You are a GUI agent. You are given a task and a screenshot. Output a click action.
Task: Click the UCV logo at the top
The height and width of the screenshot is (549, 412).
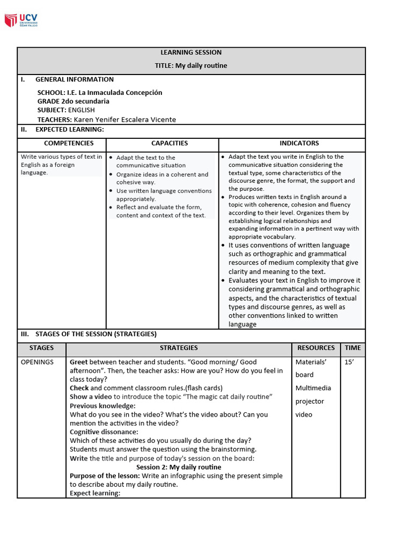click(21, 20)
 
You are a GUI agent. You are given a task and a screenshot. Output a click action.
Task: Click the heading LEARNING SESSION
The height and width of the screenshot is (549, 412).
click(191, 53)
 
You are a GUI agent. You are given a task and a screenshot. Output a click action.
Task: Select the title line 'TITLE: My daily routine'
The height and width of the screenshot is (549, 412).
click(191, 66)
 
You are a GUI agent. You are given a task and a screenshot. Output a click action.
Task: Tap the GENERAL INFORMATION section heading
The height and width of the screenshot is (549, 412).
click(74, 80)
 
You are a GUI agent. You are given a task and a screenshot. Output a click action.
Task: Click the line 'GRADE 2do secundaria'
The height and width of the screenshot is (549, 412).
click(73, 101)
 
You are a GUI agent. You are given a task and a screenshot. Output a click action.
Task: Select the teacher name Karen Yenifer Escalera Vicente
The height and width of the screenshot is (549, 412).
click(124, 120)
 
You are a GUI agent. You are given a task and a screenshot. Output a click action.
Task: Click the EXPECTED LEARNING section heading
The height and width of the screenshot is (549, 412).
click(69, 130)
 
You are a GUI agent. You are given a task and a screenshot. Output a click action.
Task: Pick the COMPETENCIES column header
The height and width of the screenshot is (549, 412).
click(69, 144)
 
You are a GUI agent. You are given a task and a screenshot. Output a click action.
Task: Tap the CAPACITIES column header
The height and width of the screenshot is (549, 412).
click(170, 144)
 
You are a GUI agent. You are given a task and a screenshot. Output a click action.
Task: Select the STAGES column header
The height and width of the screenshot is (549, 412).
click(41, 348)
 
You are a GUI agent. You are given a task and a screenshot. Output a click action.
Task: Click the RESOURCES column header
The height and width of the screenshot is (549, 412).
click(316, 348)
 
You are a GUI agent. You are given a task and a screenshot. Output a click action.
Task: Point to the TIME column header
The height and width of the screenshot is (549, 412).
click(353, 348)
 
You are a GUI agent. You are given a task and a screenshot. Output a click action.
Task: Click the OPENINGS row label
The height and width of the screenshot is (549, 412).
click(37, 362)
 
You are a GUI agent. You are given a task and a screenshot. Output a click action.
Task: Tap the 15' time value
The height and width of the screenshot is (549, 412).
click(349, 362)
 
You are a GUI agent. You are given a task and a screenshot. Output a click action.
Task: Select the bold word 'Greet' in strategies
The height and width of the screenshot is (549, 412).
click(78, 362)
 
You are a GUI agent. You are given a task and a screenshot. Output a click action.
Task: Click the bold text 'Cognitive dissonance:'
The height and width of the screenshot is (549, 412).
click(104, 432)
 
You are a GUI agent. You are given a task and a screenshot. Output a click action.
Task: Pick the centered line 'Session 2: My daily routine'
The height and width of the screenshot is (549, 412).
click(179, 468)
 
